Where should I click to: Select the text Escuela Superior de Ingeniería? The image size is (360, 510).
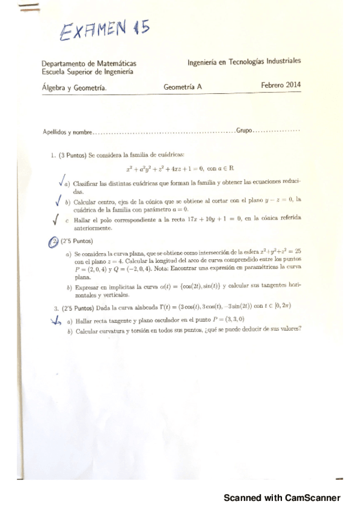88,72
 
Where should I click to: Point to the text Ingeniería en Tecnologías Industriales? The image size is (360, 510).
244,61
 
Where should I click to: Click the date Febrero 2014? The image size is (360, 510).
281,85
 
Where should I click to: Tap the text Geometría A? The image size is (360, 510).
183,87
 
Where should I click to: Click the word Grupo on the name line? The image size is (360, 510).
245,131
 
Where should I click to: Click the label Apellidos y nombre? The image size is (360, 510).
68,132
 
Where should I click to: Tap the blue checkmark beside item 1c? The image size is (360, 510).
56,220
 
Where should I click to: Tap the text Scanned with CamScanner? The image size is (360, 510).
282,497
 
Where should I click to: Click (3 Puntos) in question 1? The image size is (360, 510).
73,155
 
